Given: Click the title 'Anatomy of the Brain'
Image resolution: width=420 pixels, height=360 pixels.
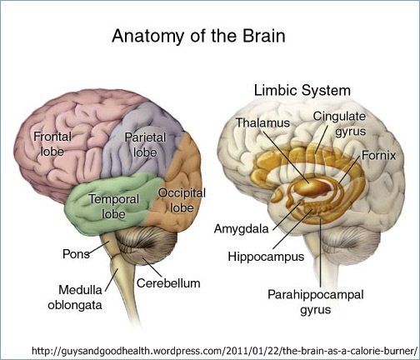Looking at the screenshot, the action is [x=198, y=36].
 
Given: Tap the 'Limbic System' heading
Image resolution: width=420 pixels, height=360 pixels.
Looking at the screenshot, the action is [x=302, y=91].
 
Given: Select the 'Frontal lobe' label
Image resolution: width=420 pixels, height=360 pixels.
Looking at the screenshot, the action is [x=52, y=144].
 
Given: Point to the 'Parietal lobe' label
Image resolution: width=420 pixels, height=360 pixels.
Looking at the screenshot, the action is [x=145, y=145].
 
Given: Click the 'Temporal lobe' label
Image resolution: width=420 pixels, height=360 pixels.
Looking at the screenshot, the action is [x=114, y=207].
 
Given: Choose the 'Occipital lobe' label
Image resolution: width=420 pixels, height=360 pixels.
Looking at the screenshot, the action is [x=182, y=200].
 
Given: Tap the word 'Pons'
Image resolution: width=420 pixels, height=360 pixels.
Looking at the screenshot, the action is [x=76, y=254].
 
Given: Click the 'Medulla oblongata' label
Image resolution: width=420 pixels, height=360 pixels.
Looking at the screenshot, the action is [x=75, y=297].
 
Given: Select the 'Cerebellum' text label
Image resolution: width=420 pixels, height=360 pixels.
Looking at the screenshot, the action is [x=168, y=283].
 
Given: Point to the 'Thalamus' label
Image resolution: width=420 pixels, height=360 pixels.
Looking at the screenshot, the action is [x=262, y=122].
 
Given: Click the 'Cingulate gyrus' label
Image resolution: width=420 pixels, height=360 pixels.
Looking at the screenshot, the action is [x=339, y=124].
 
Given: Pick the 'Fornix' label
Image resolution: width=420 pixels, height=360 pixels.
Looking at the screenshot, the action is [x=378, y=156].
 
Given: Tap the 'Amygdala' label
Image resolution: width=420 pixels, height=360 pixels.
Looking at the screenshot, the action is [x=242, y=229].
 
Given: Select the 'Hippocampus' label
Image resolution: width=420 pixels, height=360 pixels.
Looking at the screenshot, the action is [x=266, y=257].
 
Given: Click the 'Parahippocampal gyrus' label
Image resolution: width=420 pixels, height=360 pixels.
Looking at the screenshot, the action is [x=316, y=302].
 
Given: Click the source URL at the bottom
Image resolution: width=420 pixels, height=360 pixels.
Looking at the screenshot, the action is [x=225, y=351].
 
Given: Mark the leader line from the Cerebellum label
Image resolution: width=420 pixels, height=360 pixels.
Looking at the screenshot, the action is [x=152, y=267].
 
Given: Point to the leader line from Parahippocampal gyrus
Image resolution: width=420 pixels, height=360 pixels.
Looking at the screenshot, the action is [x=320, y=253].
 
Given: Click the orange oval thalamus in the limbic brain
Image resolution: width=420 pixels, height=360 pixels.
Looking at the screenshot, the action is [x=313, y=187].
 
